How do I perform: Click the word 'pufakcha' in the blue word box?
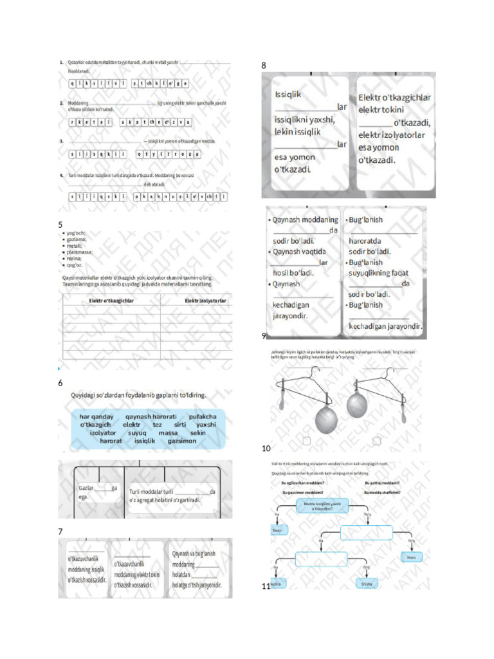click(x=203, y=417)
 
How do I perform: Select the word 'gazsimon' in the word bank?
click(x=181, y=441)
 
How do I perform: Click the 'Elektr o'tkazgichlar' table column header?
click(x=111, y=301)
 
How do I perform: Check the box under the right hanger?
click(x=377, y=441)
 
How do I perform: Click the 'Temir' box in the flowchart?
click(x=277, y=530)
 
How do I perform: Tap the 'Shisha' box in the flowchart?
click(x=367, y=584)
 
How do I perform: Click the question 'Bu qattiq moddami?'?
click(x=382, y=482)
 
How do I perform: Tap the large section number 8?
click(x=264, y=66)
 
